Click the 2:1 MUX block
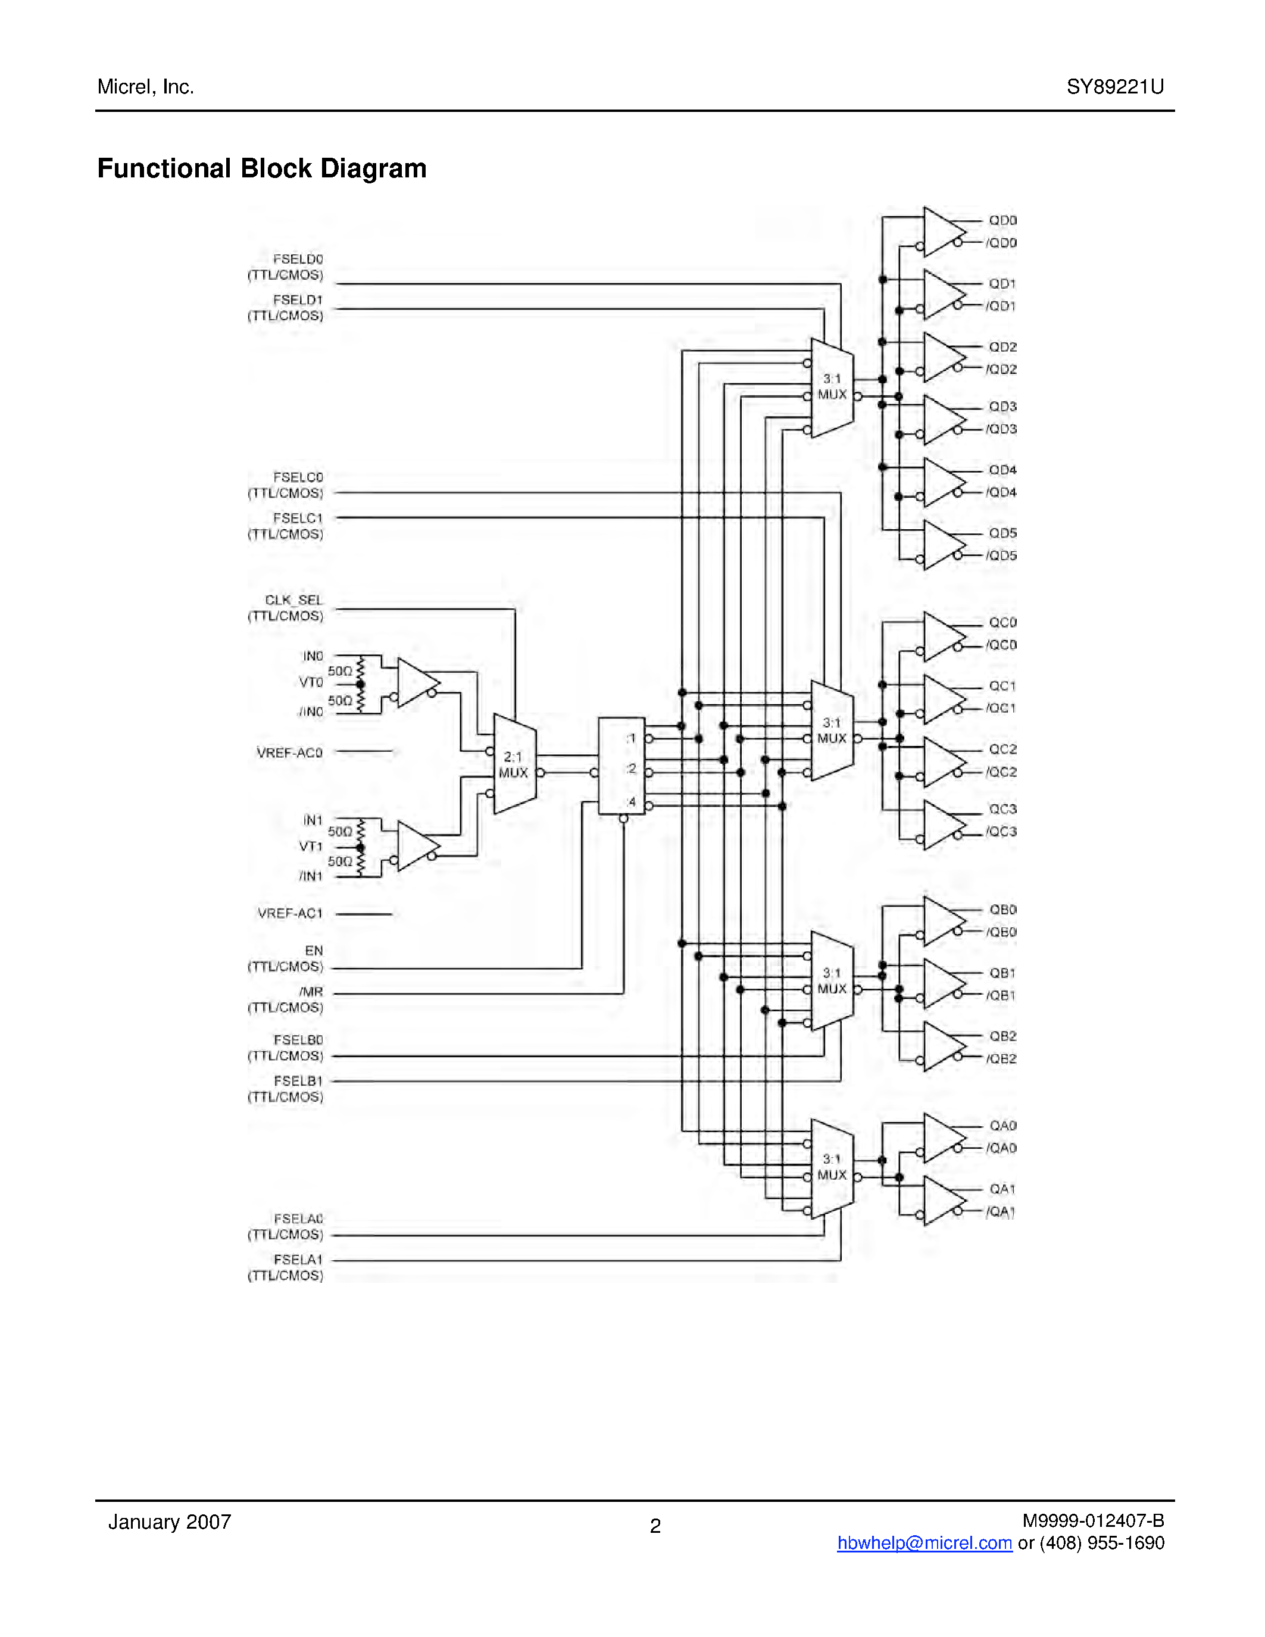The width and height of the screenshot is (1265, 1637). click(514, 764)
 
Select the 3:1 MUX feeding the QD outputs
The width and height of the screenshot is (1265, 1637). click(832, 388)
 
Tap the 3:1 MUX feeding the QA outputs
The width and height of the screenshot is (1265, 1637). click(832, 1168)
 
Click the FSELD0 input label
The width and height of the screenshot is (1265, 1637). click(298, 260)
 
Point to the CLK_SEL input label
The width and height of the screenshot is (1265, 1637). click(293, 601)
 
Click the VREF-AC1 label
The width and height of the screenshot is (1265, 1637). click(290, 913)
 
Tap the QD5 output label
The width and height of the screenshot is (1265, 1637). click(1002, 533)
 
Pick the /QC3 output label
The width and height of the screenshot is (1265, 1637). click(1001, 831)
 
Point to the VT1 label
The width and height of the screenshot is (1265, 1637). click(310, 846)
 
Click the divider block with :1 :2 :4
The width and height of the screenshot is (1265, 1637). click(621, 766)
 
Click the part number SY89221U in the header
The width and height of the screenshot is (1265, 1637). click(1114, 87)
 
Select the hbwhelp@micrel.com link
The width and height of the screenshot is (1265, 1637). click(924, 1542)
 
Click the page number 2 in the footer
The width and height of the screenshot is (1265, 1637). click(655, 1526)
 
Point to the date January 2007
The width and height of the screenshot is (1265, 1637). click(170, 1522)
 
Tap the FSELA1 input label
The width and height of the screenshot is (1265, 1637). click(298, 1260)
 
